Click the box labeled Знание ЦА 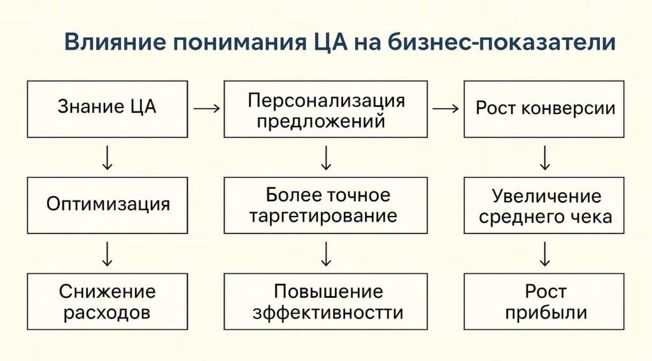tap(107, 109)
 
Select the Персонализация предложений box tap(325, 109)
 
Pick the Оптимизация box tap(107, 205)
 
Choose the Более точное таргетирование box tap(325, 205)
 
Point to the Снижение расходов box tap(107, 301)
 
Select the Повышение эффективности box tap(325, 301)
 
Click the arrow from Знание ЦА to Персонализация tap(206, 109)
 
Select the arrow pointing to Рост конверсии tap(445, 109)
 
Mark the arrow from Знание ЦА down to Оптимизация tap(107, 158)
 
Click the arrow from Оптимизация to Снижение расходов tap(107, 253)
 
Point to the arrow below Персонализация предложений tap(325, 158)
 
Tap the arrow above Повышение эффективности tap(325, 253)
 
